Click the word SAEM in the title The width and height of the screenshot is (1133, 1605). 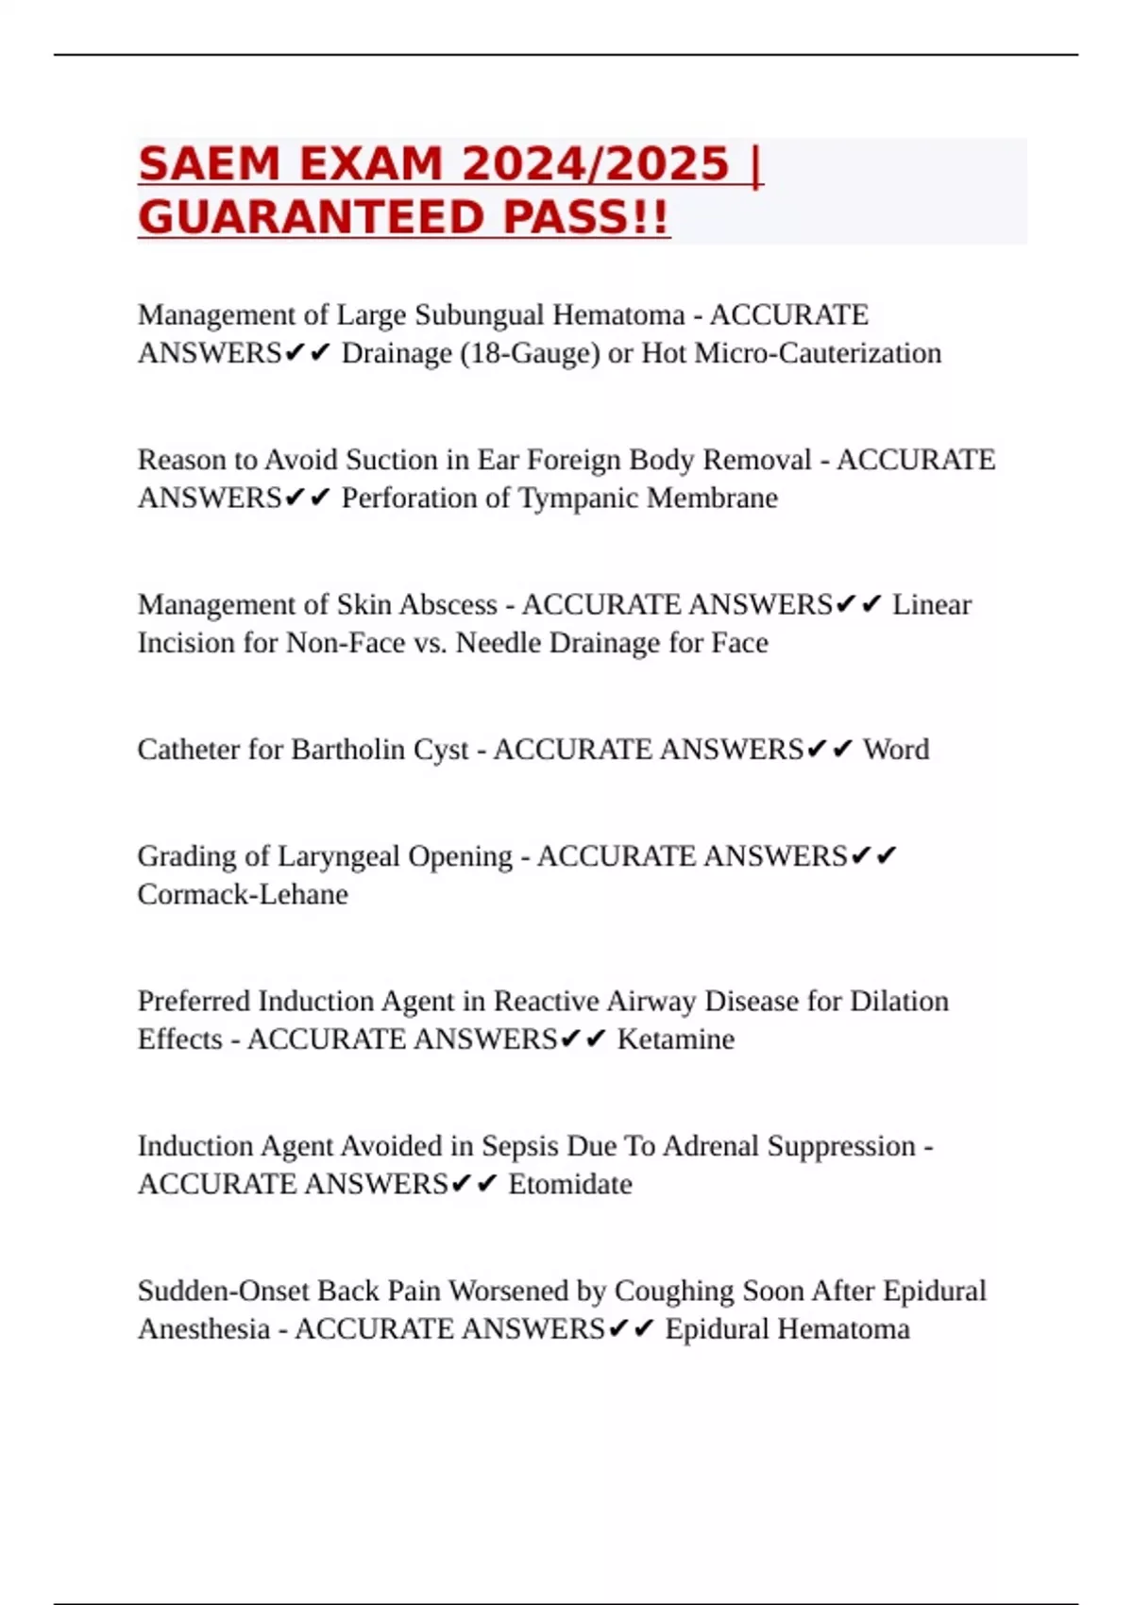209,164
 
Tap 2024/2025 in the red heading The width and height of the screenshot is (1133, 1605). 595,164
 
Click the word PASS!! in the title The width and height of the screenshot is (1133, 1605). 585,218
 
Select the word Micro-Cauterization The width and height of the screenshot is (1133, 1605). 813,353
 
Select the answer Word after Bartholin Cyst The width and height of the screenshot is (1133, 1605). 896,750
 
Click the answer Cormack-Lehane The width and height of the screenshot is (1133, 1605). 243,894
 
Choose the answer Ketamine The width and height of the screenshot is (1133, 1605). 676,1039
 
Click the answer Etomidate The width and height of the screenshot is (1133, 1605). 570,1184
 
